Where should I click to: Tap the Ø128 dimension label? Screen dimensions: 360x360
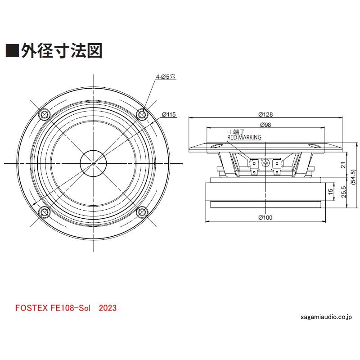(x=266, y=114)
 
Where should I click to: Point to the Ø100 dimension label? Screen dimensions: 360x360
(x=265, y=218)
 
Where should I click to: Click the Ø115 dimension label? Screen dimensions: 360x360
(x=168, y=114)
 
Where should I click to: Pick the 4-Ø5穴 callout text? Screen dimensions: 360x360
(x=166, y=77)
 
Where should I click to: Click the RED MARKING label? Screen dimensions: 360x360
(x=244, y=138)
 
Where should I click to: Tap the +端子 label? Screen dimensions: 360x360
(x=236, y=132)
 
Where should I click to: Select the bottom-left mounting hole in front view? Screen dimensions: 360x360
(x=45, y=212)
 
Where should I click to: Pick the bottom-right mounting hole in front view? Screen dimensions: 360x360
(x=142, y=212)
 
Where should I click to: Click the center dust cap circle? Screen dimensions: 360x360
(x=93, y=163)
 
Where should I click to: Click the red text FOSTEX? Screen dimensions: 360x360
(x=30, y=308)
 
